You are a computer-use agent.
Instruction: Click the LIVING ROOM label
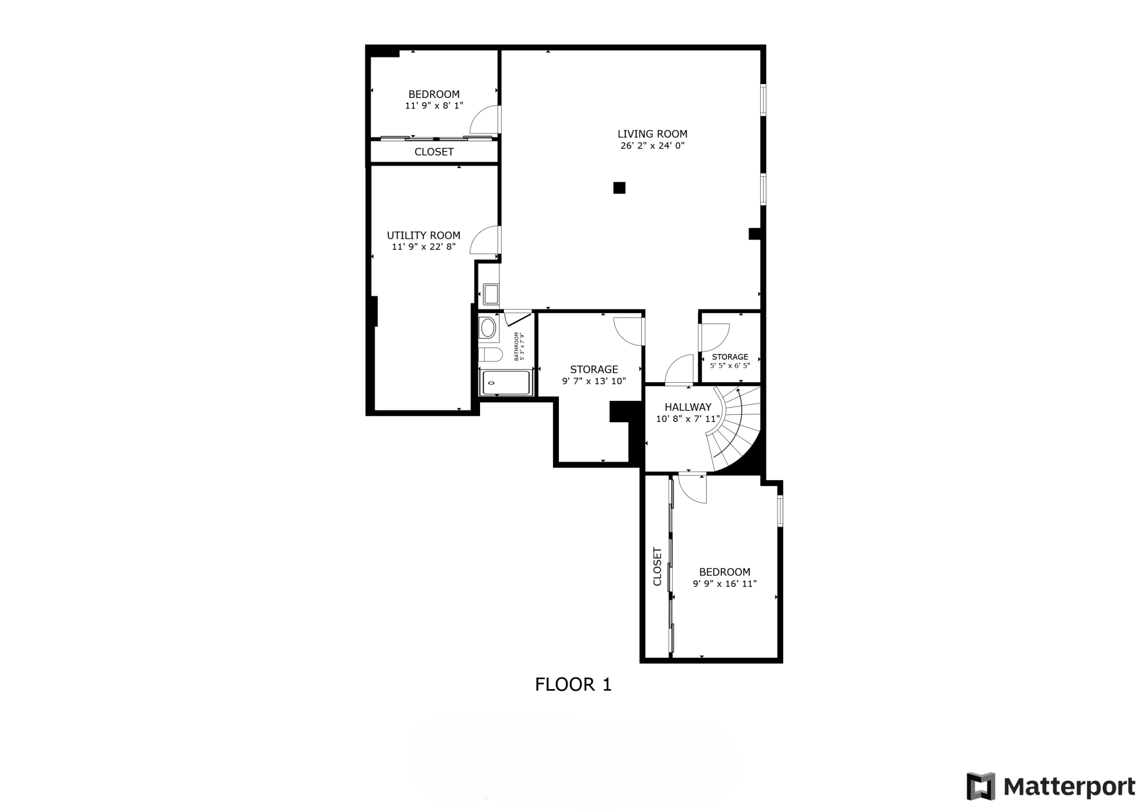[652, 134]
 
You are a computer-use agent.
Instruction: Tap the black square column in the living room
[619, 188]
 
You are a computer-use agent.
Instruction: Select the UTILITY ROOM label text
[423, 235]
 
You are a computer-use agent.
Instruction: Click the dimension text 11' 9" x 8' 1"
[434, 106]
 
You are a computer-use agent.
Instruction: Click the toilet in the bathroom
[491, 354]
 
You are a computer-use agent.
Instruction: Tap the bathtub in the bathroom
[506, 383]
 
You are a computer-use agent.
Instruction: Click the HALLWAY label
[688, 407]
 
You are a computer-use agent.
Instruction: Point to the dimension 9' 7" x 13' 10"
[594, 382]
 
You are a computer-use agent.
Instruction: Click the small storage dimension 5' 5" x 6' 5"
[730, 366]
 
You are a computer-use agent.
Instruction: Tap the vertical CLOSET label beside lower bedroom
[657, 567]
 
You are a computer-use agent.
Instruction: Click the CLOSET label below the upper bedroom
[434, 152]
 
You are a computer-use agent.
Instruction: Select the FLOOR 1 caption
[573, 685]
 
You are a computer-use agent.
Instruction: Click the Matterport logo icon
[980, 786]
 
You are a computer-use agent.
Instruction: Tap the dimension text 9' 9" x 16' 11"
[725, 584]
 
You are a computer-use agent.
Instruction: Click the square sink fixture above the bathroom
[491, 295]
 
